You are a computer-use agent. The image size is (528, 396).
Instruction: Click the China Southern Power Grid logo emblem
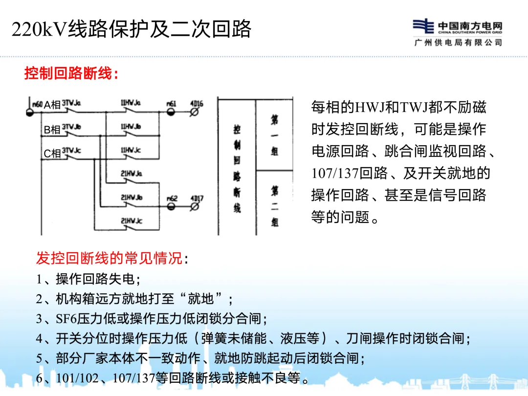[x=423, y=26]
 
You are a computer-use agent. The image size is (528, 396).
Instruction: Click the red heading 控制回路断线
[x=71, y=74]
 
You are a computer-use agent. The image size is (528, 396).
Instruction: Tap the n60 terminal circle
[x=29, y=112]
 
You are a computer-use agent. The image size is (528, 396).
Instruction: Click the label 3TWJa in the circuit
[x=71, y=104]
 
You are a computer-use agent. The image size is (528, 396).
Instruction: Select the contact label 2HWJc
[x=131, y=221]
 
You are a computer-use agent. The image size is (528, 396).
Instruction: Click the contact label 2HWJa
[x=131, y=174]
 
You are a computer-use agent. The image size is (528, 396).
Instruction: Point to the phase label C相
[x=52, y=154]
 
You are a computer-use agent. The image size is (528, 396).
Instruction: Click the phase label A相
[x=52, y=105]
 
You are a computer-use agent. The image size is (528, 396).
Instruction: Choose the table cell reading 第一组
[x=275, y=134]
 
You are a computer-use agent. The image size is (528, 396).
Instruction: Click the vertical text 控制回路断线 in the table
[x=237, y=169]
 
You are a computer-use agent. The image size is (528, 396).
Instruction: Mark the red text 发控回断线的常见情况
[x=110, y=258]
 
